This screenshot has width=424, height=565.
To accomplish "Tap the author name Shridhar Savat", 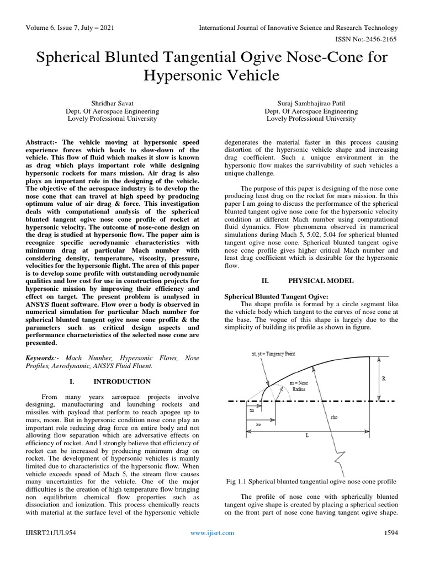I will point(112,102).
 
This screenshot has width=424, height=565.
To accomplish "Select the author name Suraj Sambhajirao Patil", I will point(311,102).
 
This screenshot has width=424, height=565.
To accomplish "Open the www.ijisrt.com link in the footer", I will point(212,532).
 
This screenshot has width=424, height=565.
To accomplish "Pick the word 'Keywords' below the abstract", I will point(42,358).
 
